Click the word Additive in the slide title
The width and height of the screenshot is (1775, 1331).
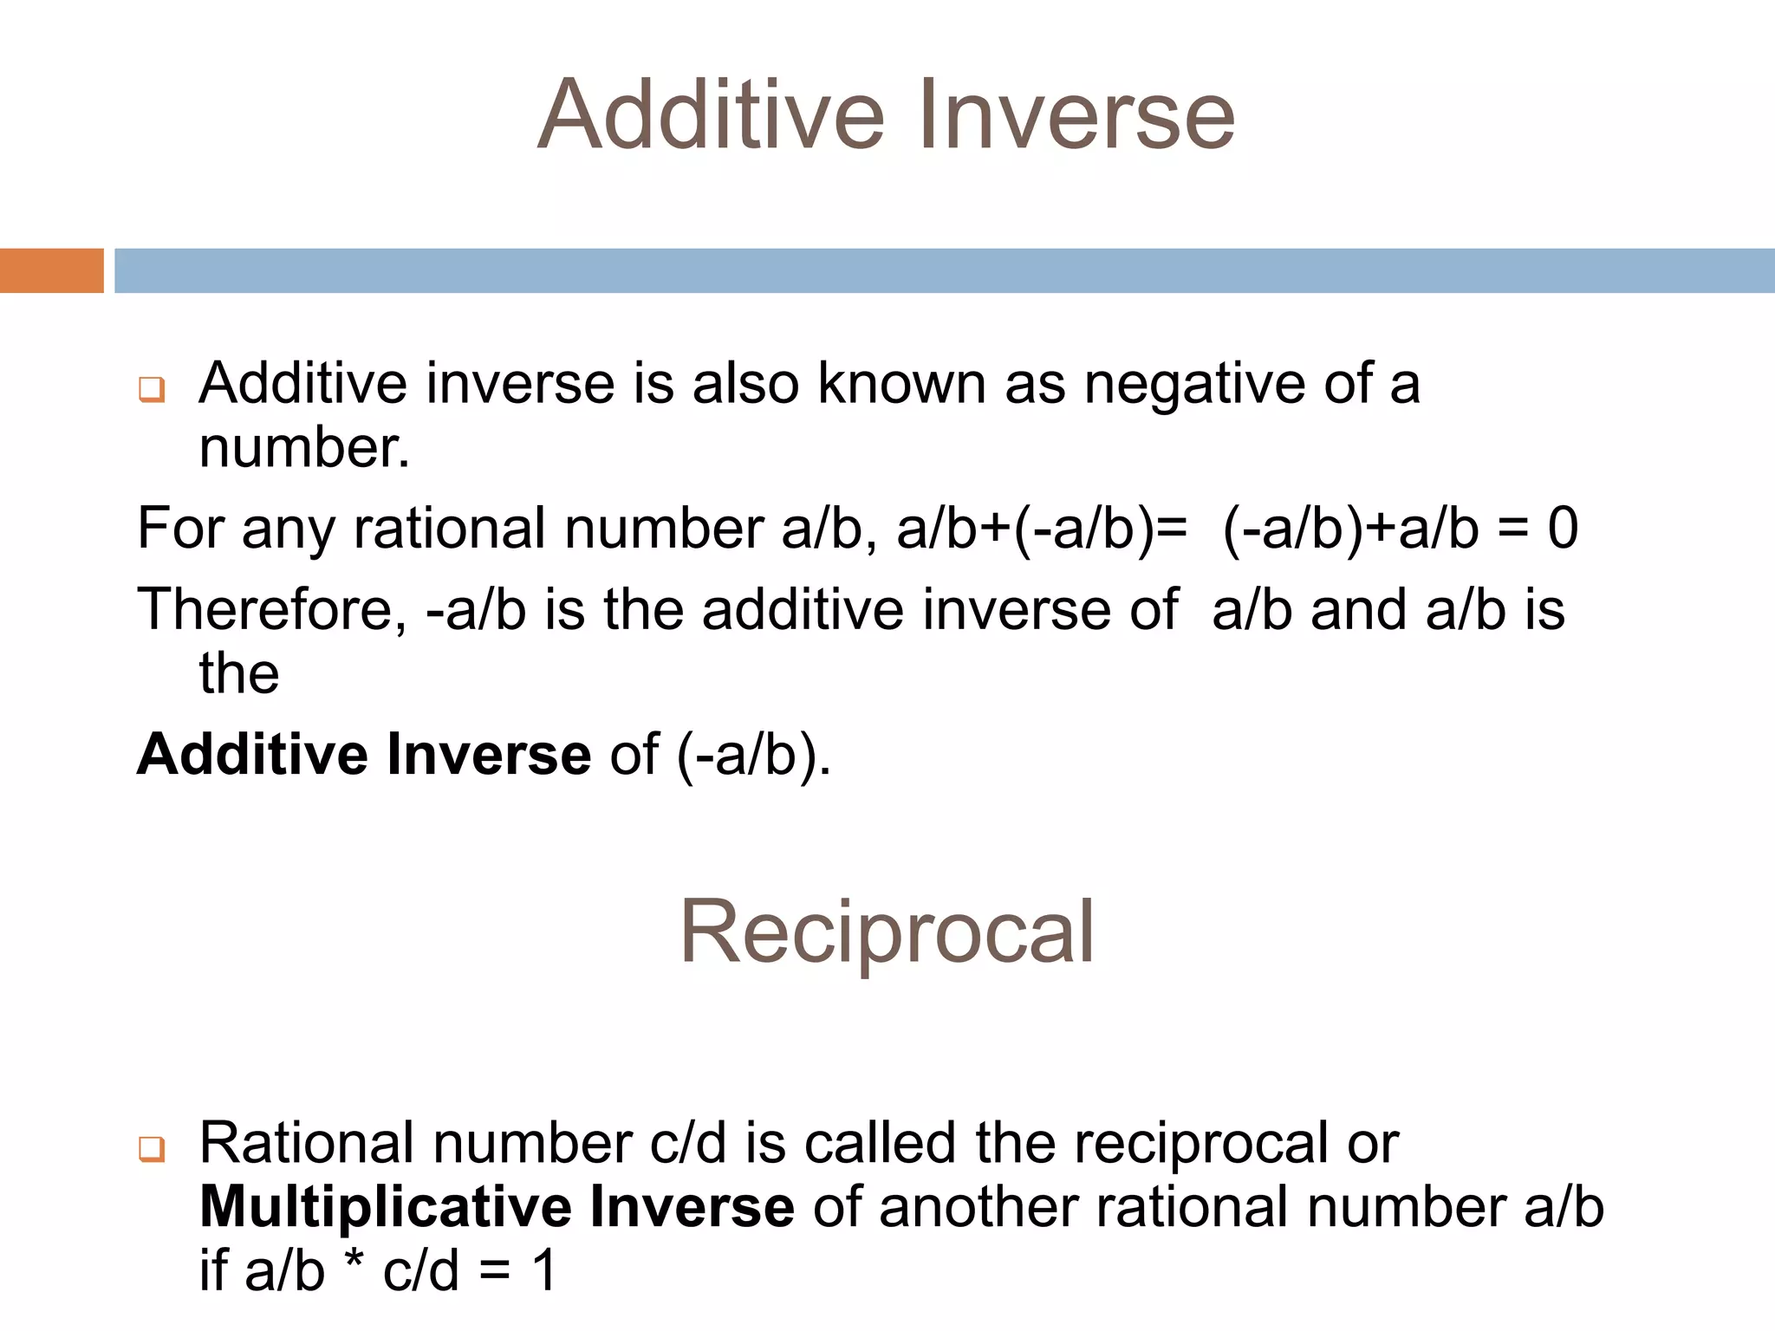point(711,115)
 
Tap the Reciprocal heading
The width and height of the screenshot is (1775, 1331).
point(887,932)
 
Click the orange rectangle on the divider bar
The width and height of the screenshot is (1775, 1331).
point(51,270)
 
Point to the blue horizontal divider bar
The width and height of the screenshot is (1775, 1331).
point(945,270)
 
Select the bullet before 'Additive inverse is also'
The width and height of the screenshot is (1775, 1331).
point(152,389)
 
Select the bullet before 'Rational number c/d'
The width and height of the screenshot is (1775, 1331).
point(152,1149)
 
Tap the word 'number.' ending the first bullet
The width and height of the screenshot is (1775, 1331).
point(304,449)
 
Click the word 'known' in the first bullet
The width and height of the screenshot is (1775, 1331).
point(901,384)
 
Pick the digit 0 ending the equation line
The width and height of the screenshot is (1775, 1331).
point(1563,529)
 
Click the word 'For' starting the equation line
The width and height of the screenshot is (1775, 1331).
point(180,529)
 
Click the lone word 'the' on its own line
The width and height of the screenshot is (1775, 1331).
point(239,673)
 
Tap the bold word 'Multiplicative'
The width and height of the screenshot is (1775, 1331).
point(385,1207)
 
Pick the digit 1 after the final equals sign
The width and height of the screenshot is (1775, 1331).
point(544,1271)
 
